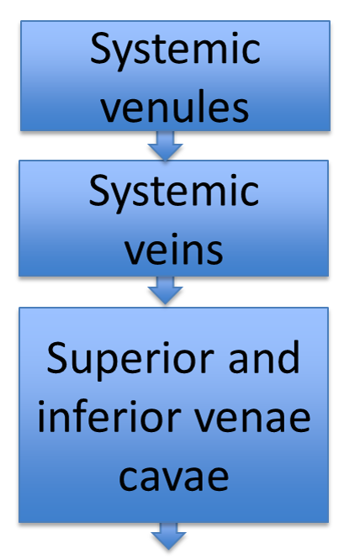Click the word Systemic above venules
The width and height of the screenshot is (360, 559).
[175, 51]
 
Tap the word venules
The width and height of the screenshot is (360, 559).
[174, 107]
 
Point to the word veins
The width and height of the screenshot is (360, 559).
[174, 249]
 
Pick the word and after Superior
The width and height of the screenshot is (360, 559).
[263, 356]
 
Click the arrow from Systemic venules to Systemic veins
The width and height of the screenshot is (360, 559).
[165, 145]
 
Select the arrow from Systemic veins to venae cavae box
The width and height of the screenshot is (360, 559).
[165, 290]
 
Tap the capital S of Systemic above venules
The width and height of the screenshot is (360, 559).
[101, 49]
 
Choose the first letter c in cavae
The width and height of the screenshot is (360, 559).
[128, 479]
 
